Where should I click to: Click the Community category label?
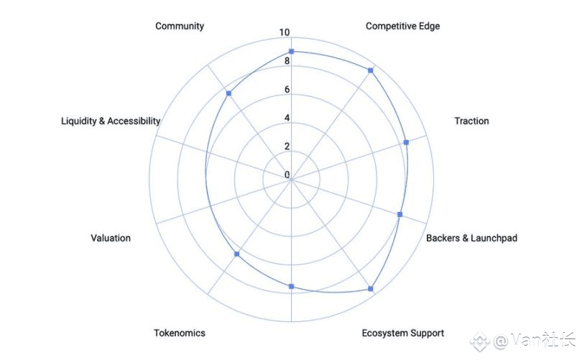180,26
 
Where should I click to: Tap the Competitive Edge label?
402,26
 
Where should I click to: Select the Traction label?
471,121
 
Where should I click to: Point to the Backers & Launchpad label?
471,238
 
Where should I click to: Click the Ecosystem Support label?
402,333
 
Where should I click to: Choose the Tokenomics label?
180,333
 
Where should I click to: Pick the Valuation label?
111,238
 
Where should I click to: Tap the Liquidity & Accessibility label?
111,121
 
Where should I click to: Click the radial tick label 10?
285,33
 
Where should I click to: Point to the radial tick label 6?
287,90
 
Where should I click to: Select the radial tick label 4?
287,118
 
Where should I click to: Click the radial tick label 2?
287,147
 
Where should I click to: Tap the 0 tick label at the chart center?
287,175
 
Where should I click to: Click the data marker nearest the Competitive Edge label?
371,70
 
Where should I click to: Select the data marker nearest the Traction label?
406,142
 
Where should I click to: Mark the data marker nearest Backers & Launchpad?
400,215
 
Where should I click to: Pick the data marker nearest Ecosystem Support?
371,289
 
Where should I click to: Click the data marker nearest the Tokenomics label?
237,255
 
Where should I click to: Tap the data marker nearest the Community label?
228,93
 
